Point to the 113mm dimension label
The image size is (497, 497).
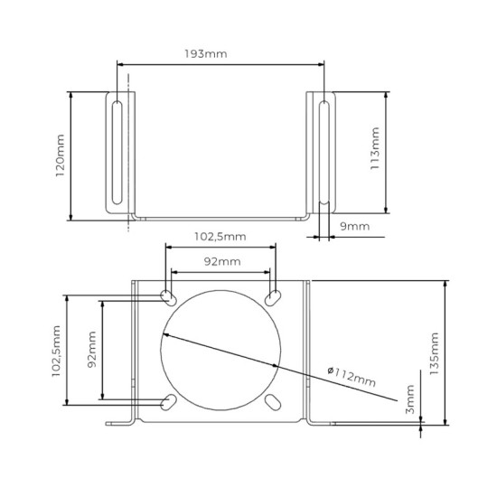click(x=376, y=155)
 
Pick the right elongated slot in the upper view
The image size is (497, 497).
click(x=324, y=153)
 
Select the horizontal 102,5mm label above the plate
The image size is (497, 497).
click(x=219, y=238)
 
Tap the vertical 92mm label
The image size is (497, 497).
click(x=91, y=351)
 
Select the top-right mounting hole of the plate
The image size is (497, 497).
click(x=273, y=297)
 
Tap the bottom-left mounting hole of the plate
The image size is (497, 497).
click(x=169, y=401)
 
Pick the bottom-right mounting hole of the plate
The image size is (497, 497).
click(x=273, y=401)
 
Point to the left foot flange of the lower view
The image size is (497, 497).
click(x=120, y=423)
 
